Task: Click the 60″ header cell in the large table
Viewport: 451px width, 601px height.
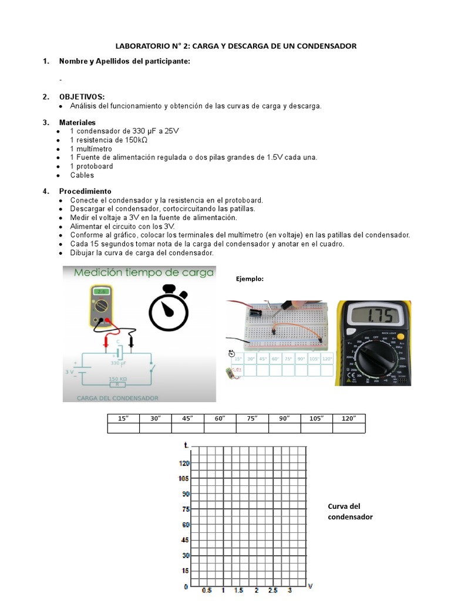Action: (220, 418)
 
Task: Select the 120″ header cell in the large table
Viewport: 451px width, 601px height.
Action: (349, 418)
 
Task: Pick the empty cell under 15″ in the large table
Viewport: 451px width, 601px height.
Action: (123, 428)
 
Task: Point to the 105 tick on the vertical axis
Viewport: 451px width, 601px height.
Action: (184, 478)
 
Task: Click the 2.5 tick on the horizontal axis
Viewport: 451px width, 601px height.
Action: (272, 590)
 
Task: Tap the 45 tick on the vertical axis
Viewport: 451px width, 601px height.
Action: (186, 540)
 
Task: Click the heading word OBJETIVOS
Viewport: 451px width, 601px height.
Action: (82, 96)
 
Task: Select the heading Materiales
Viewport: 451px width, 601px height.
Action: (77, 122)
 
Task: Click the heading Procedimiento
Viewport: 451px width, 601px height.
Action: (85, 191)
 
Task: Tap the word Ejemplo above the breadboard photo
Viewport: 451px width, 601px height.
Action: (250, 279)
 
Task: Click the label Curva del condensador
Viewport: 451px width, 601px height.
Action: (350, 511)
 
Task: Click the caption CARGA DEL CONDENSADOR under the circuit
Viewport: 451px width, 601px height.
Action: (117, 398)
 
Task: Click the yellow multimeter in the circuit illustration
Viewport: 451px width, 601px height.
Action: (102, 305)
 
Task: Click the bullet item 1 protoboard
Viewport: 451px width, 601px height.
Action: (91, 166)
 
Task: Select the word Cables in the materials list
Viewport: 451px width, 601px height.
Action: (82, 175)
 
